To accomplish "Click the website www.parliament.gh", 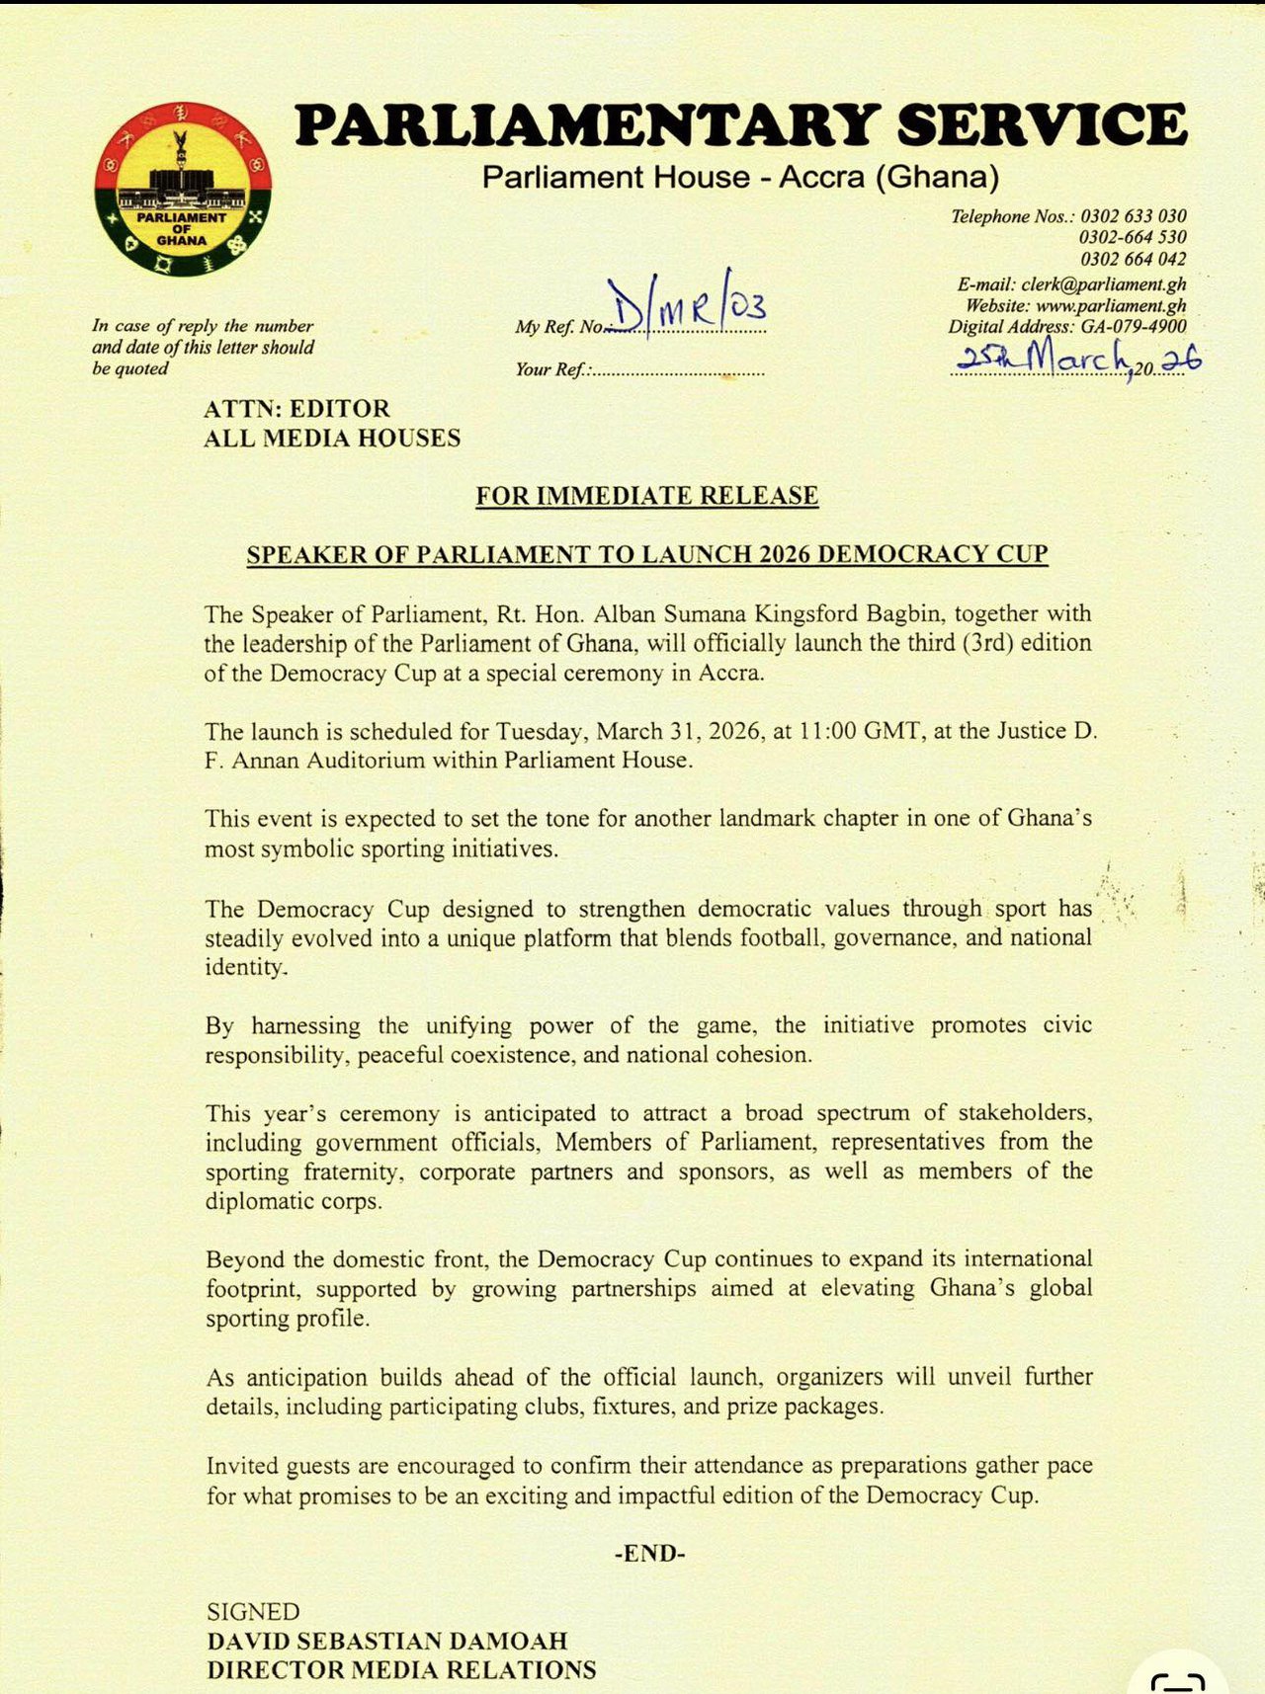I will click(1111, 305).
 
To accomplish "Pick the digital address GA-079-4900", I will click(1132, 326).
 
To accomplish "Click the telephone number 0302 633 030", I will click(1133, 216).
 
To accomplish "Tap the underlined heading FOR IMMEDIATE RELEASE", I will click(646, 496).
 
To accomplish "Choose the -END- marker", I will click(649, 1554).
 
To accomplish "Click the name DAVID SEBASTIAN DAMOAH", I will click(386, 1641).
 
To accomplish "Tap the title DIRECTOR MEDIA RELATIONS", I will click(400, 1670).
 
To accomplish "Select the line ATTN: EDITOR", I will click(296, 409).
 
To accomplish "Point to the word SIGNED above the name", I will click(253, 1612).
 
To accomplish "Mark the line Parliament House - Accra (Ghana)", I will click(740, 178).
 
